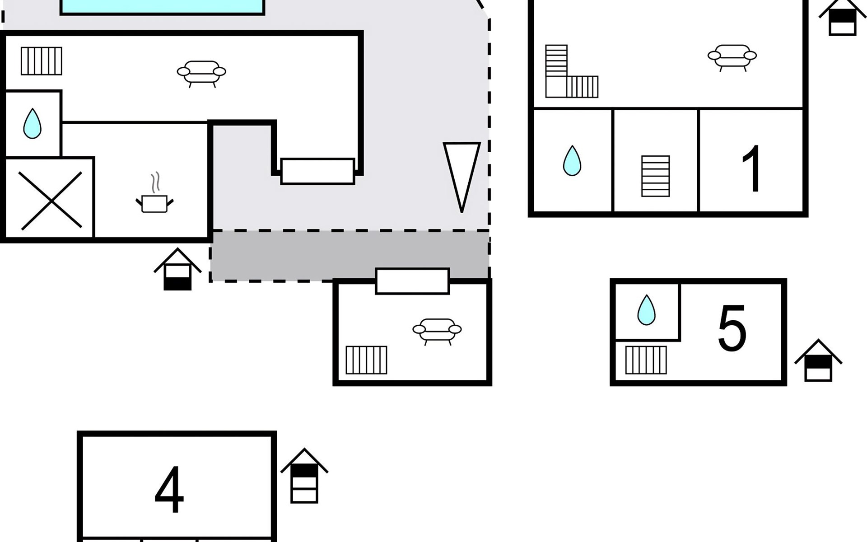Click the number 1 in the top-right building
[752, 168]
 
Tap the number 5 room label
[732, 328]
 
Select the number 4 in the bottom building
[169, 490]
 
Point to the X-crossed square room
[50, 199]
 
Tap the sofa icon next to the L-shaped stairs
[732, 58]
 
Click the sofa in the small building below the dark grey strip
[437, 332]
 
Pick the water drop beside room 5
[646, 310]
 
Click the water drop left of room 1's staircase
[572, 161]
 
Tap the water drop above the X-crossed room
[32, 123]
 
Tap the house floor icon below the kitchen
[177, 269]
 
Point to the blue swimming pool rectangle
[162, 7]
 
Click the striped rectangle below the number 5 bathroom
[646, 360]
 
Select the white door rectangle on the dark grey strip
[412, 281]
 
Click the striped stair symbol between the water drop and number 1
[656, 176]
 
